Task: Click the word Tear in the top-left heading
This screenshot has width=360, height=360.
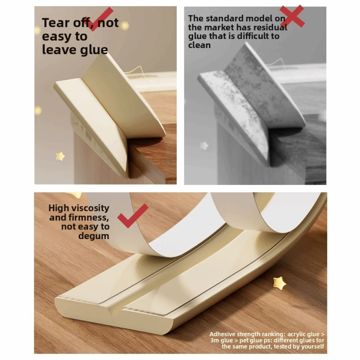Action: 56,23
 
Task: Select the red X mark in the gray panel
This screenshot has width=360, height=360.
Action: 292,16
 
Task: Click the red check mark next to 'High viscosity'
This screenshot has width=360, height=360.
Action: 133,216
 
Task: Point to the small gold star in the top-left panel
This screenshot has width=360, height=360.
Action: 60,156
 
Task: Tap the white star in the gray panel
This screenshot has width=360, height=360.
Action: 204,145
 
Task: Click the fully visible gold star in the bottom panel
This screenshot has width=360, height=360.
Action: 280,283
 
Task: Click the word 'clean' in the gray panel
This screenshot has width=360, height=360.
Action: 199,45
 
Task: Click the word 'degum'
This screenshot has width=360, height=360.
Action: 94,236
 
